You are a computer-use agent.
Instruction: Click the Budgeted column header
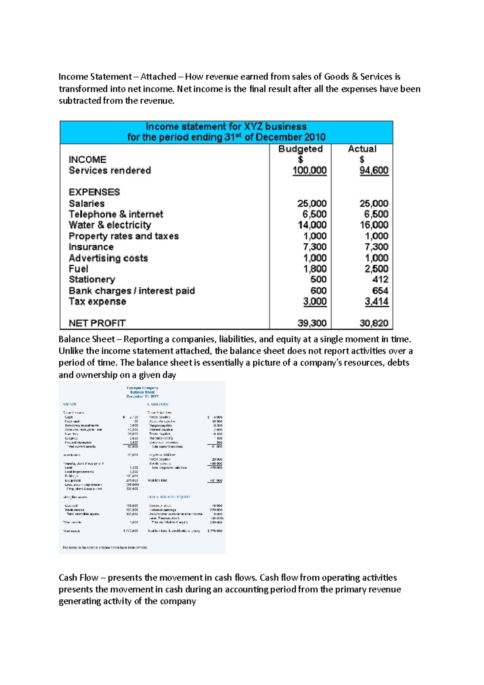(300, 149)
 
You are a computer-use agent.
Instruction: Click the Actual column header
(362, 149)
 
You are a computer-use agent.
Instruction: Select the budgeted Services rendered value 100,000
(309, 170)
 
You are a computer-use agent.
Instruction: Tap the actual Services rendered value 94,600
(374, 170)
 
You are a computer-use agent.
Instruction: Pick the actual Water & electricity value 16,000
(374, 225)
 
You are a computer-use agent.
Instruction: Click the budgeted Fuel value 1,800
(315, 269)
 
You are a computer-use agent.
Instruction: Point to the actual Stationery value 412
(380, 279)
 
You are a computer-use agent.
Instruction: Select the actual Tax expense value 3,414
(376, 301)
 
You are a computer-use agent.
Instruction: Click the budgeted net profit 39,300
(312, 323)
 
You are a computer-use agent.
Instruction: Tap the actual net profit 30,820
(374, 323)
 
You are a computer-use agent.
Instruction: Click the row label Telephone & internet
(116, 214)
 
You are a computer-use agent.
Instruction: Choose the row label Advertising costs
(108, 258)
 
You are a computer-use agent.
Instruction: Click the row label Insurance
(91, 247)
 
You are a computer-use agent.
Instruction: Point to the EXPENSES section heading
(94, 192)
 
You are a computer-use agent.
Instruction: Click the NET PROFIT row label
(97, 323)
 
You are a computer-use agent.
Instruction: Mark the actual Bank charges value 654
(380, 290)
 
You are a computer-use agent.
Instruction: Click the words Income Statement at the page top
(95, 77)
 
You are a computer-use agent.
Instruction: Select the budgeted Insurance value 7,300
(315, 247)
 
